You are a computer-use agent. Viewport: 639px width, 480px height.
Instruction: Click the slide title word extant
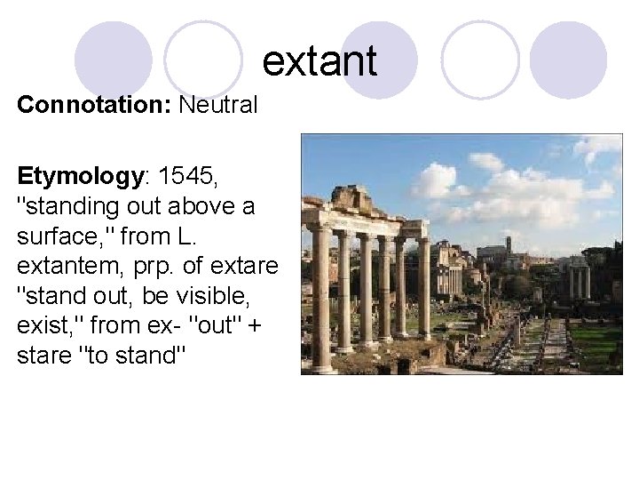click(319, 60)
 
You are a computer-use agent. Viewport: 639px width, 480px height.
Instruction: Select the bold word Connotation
click(94, 106)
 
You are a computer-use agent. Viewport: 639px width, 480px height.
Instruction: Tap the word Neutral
click(218, 106)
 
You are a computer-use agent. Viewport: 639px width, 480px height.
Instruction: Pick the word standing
click(72, 206)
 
